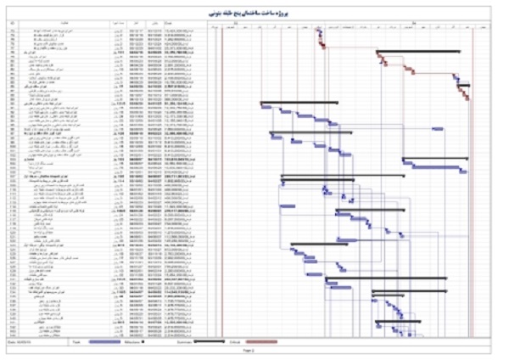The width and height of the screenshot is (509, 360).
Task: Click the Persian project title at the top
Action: click(x=255, y=14)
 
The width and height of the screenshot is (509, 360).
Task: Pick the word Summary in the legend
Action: click(x=179, y=340)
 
